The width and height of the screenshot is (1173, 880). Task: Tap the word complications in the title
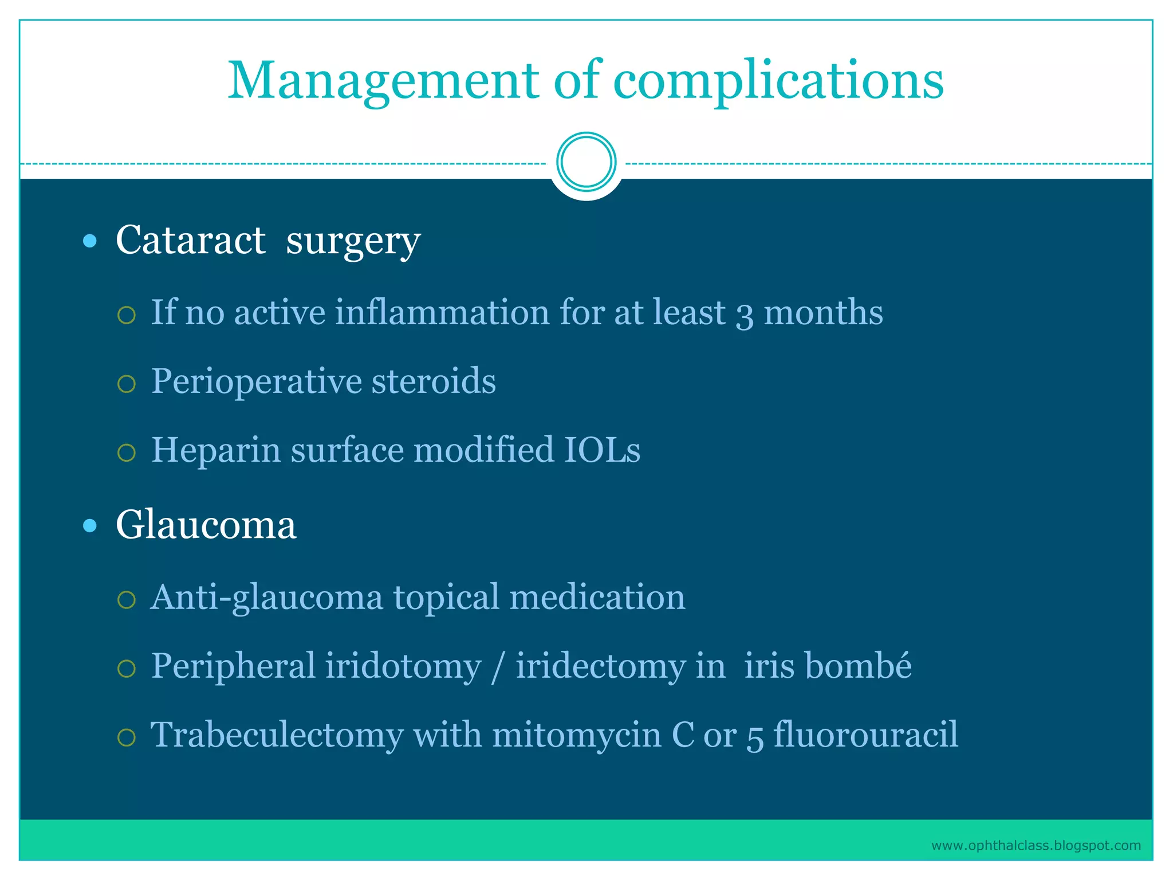click(778, 81)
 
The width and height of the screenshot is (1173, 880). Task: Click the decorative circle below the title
click(586, 162)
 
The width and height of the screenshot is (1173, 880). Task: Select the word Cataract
click(191, 240)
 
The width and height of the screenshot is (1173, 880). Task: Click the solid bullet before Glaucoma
click(90, 525)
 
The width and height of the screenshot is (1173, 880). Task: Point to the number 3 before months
click(744, 314)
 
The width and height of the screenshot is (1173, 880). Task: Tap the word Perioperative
click(256, 382)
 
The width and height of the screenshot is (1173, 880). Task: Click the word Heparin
click(216, 450)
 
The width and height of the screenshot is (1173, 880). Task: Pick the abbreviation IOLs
click(602, 450)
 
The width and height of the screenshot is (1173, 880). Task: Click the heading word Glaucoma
click(206, 525)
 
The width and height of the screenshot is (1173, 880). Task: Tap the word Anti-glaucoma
click(267, 598)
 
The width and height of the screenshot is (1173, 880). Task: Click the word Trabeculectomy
click(277, 735)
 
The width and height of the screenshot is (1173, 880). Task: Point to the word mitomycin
click(576, 735)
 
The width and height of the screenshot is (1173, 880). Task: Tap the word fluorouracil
click(865, 735)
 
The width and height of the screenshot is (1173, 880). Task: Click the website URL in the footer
click(1036, 846)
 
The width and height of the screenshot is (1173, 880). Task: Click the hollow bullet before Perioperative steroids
click(126, 383)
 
